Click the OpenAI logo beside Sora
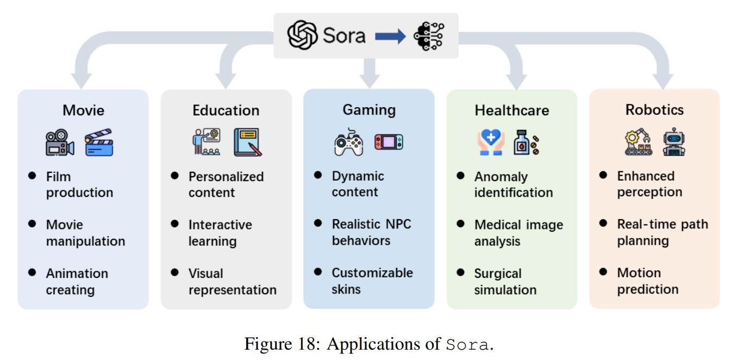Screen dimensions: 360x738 (303, 36)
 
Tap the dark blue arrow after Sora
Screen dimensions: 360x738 (390, 36)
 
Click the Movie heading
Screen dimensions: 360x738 (83, 110)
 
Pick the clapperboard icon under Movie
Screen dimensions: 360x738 (99, 142)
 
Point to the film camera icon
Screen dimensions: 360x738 (60, 143)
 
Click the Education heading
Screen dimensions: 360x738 (226, 110)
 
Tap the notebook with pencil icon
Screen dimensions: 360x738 (248, 142)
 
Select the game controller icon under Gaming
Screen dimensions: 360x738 (348, 142)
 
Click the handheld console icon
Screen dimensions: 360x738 (389, 142)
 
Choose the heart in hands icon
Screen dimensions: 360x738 (491, 143)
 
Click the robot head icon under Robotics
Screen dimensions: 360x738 (674, 142)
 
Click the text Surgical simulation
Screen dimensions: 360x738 (505, 282)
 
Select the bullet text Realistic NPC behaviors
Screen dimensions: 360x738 (372, 232)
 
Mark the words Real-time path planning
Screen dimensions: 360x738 (662, 232)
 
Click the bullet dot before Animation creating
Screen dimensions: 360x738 (33, 272)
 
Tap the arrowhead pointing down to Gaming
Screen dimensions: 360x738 (370, 82)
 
